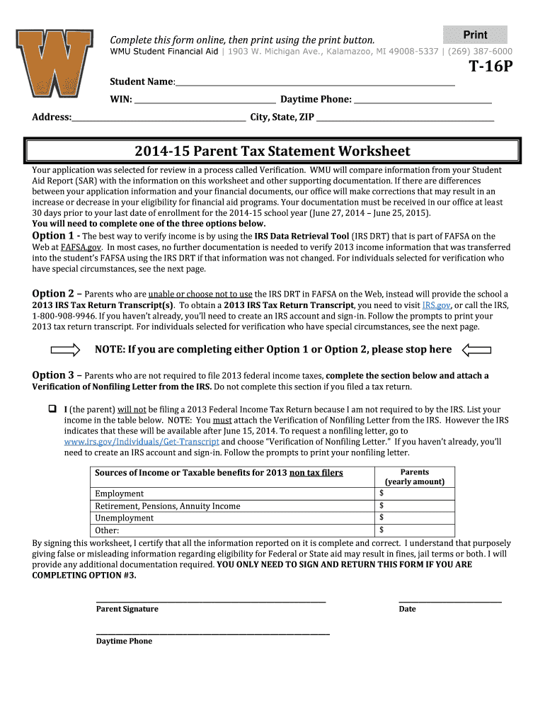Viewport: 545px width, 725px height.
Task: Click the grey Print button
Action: coord(475,35)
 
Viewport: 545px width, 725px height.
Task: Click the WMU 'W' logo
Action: coord(56,64)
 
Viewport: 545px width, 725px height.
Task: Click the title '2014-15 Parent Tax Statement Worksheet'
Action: coord(272,152)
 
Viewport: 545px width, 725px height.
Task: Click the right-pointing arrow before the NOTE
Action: coord(67,349)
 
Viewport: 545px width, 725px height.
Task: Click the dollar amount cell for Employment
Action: coord(415,493)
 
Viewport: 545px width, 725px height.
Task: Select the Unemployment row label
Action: coord(125,518)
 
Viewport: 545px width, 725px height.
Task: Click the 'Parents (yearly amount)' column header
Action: coord(415,476)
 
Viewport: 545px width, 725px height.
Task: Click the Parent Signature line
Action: coord(211,600)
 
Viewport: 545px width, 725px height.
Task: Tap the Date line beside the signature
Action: coord(450,600)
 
